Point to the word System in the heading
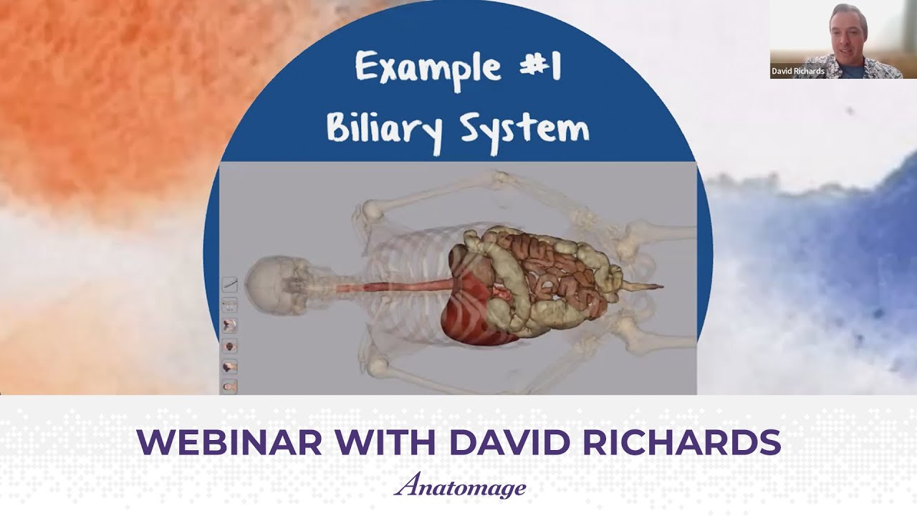click(524, 128)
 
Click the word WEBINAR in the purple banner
click(229, 443)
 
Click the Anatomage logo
click(459, 487)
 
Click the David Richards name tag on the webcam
click(797, 72)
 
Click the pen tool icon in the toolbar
click(230, 285)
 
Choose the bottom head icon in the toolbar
click(230, 387)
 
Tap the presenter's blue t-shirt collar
click(850, 70)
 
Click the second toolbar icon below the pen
click(230, 325)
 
